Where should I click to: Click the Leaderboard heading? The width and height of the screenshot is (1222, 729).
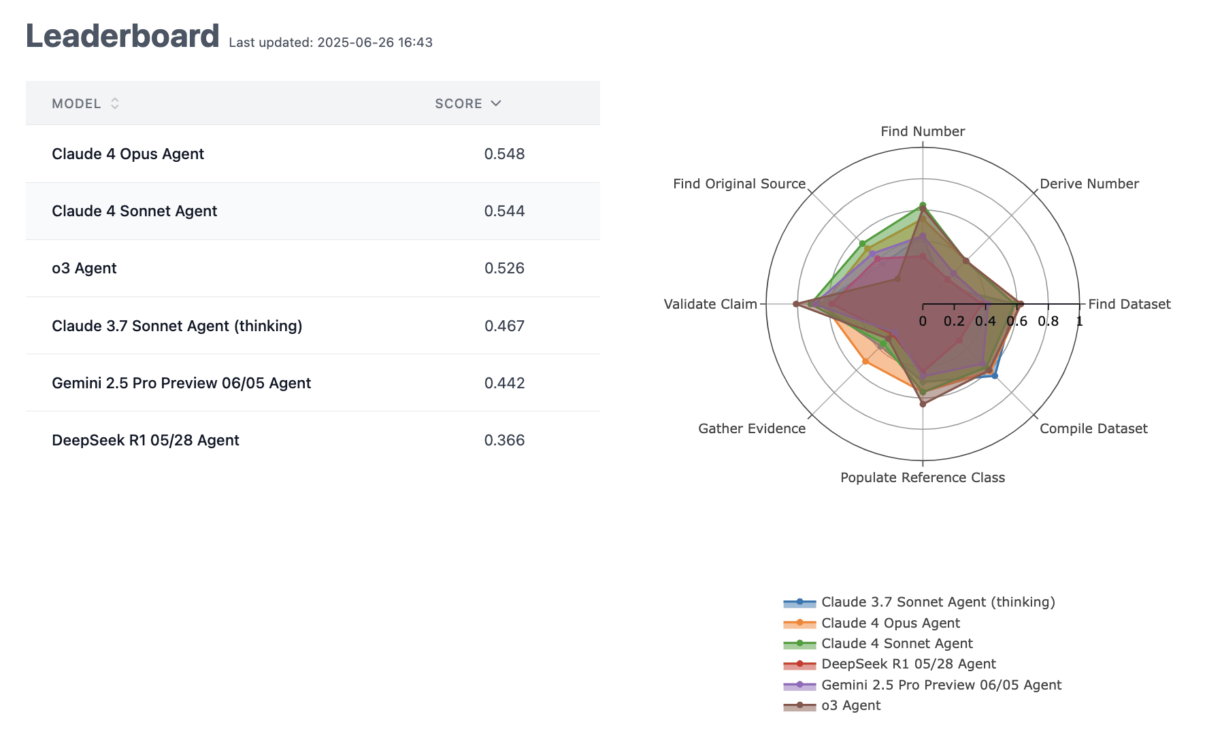pos(122,36)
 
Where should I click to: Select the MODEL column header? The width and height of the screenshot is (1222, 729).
pos(76,103)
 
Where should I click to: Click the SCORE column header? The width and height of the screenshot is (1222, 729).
pos(458,103)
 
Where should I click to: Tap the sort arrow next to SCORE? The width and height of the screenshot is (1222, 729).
pos(496,103)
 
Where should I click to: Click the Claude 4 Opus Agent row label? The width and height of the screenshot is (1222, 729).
pos(128,154)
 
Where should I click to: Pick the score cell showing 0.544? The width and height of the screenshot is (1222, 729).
pos(504,211)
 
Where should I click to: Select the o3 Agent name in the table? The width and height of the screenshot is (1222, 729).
pos(84,268)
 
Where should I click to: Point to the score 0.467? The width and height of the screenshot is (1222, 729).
pos(504,326)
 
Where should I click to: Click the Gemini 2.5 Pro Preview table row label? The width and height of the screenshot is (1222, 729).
pos(181,383)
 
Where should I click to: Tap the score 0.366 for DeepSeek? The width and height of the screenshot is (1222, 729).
pos(504,440)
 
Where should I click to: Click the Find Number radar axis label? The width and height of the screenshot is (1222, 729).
pos(923,131)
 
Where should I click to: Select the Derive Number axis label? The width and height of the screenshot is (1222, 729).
pos(1089,184)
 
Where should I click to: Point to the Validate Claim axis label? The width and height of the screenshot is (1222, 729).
pos(710,304)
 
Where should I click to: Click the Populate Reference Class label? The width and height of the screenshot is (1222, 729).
pos(923,477)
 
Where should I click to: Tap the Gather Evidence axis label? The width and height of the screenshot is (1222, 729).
pos(752,428)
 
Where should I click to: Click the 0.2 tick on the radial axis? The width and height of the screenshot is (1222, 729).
pos(954,321)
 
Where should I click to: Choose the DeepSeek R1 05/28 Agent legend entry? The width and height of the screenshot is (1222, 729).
pos(908,664)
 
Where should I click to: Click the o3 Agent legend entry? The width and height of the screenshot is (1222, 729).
pos(851,705)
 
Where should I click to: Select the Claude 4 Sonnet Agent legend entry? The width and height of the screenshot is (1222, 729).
pos(897,643)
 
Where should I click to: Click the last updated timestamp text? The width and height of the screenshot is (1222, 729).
pos(331,42)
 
